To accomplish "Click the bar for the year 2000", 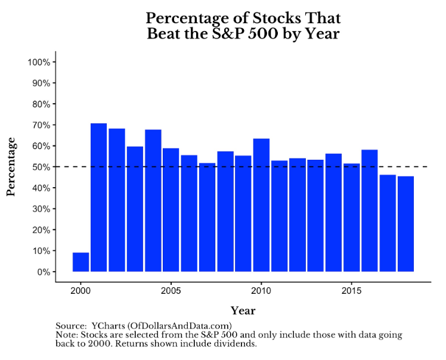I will pyautogui.click(x=80, y=262).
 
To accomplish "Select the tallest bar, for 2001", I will pyautogui.click(x=99, y=197).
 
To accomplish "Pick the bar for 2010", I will pyautogui.click(x=261, y=205).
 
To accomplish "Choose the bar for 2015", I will pyautogui.click(x=351, y=218).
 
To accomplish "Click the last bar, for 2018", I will pyautogui.click(x=405, y=224).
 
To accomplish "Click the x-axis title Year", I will pyautogui.click(x=243, y=311).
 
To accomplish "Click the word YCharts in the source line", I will pyautogui.click(x=107, y=325).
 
